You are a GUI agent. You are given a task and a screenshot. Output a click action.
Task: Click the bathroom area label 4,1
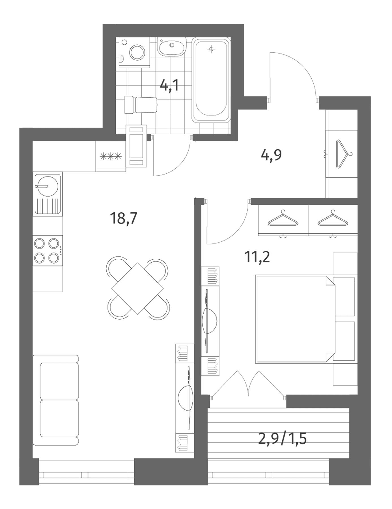click(x=169, y=85)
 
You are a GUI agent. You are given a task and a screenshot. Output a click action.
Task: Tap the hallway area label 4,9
click(x=272, y=155)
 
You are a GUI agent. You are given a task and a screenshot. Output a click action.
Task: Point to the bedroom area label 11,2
click(x=257, y=257)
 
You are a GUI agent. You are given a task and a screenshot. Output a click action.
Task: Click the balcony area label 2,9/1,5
click(x=283, y=439)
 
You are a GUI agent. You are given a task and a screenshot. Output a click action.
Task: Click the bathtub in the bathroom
click(x=211, y=80)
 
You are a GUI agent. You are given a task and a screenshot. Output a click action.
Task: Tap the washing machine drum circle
click(x=137, y=52)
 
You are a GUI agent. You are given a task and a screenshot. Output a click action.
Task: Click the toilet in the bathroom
click(x=141, y=105)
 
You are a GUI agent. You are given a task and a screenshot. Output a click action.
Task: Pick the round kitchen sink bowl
click(x=47, y=186)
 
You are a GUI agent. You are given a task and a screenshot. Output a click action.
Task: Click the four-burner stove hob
click(x=48, y=250)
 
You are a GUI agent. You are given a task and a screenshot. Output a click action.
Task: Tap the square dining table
click(x=138, y=288)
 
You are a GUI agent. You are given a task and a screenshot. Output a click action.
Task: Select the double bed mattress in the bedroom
click(x=295, y=319)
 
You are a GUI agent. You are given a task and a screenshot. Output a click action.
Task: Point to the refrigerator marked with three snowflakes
click(x=111, y=156)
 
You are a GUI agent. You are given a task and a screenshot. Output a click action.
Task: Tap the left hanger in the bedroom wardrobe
click(x=283, y=218)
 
